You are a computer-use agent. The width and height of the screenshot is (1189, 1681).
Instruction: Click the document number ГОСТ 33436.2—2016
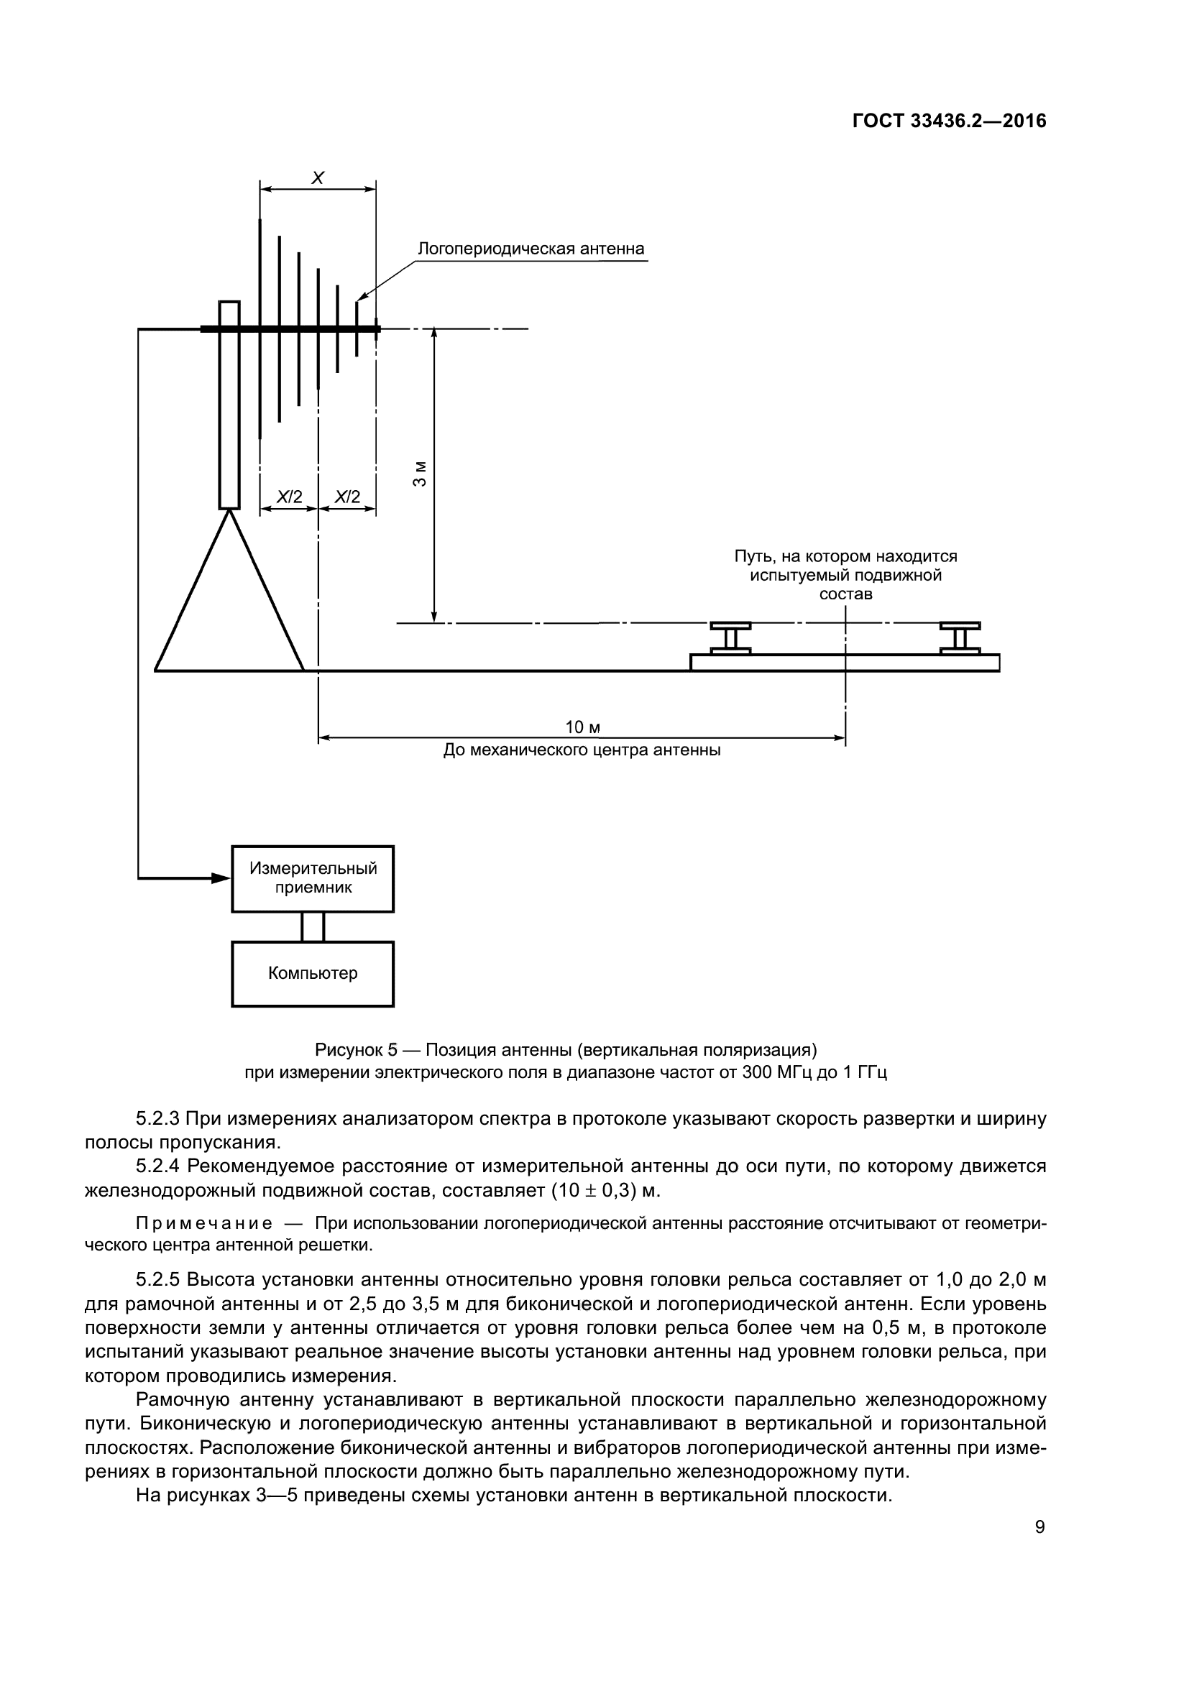949,121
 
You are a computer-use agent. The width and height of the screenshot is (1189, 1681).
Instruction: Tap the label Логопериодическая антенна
531,249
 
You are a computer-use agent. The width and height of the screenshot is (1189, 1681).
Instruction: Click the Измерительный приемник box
313,878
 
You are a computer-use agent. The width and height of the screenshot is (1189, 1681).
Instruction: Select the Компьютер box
313,974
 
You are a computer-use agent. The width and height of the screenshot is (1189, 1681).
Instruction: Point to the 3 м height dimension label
419,474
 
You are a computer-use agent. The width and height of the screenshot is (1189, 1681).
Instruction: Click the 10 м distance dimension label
583,727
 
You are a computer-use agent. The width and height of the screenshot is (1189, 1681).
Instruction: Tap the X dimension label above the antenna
318,178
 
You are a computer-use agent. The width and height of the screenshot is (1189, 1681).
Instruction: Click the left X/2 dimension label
289,497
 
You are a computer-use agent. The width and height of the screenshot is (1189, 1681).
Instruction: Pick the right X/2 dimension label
347,497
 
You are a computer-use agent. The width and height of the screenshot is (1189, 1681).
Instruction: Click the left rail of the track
730,638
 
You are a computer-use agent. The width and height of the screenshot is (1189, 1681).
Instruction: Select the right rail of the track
960,638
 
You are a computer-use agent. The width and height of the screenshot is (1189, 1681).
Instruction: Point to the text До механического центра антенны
582,750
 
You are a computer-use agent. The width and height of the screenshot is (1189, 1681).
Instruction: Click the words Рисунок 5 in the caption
356,1050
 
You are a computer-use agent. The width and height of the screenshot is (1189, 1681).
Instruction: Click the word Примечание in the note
204,1223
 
